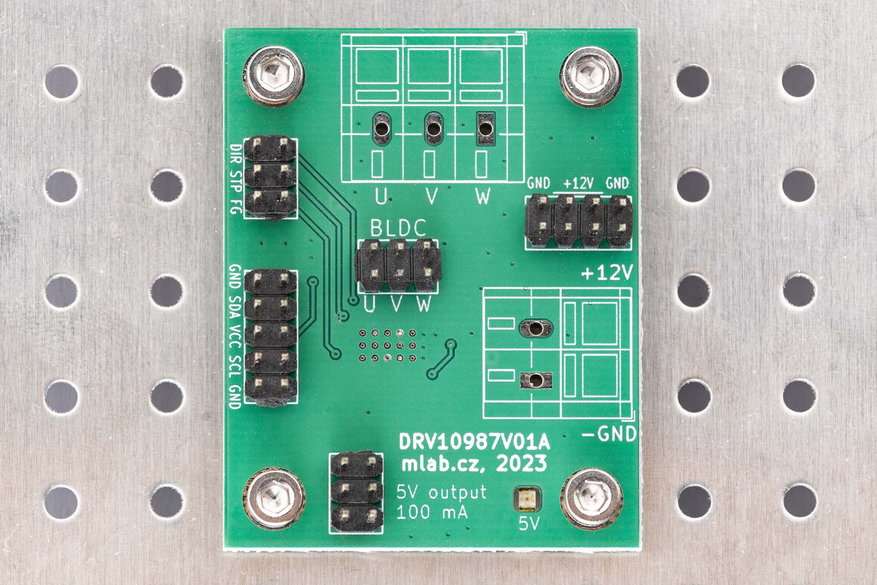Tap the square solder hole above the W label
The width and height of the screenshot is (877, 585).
pyautogui.click(x=485, y=128)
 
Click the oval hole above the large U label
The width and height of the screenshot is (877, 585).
pyautogui.click(x=381, y=128)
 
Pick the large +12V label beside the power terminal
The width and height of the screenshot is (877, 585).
pyautogui.click(x=607, y=274)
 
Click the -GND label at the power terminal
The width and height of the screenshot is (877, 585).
pyautogui.click(x=610, y=434)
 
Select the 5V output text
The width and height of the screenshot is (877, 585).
pyautogui.click(x=442, y=492)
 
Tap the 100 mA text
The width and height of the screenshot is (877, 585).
pyautogui.click(x=432, y=512)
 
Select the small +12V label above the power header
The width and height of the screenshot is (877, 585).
pyautogui.click(x=578, y=184)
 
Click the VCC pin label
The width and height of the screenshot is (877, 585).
pyautogui.click(x=236, y=336)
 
